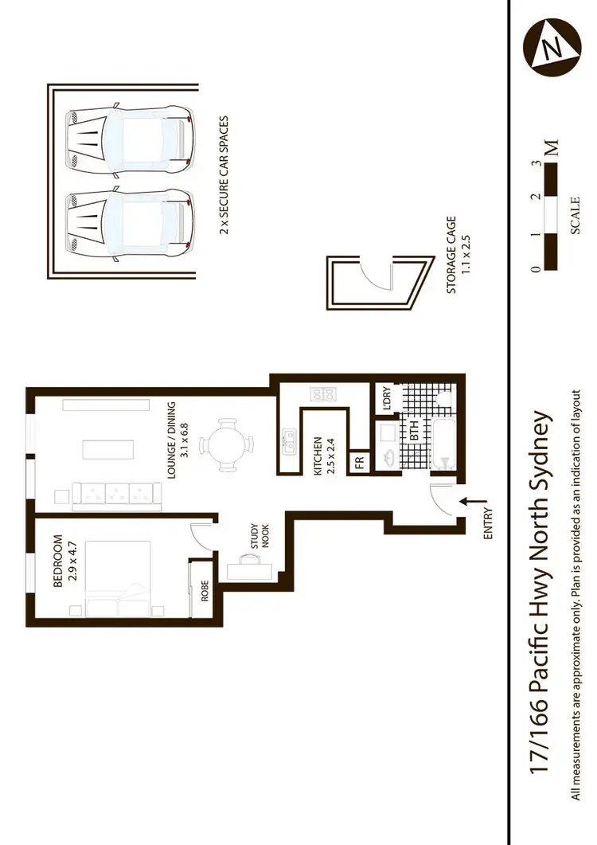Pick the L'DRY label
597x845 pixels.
(386, 397)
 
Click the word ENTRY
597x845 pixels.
(488, 525)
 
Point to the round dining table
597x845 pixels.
(227, 444)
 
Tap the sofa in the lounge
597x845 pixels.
(118, 496)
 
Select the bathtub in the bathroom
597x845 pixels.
(443, 437)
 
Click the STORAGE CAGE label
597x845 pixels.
(458, 254)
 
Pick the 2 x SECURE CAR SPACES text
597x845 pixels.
(224, 174)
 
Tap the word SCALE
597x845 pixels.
(576, 215)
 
